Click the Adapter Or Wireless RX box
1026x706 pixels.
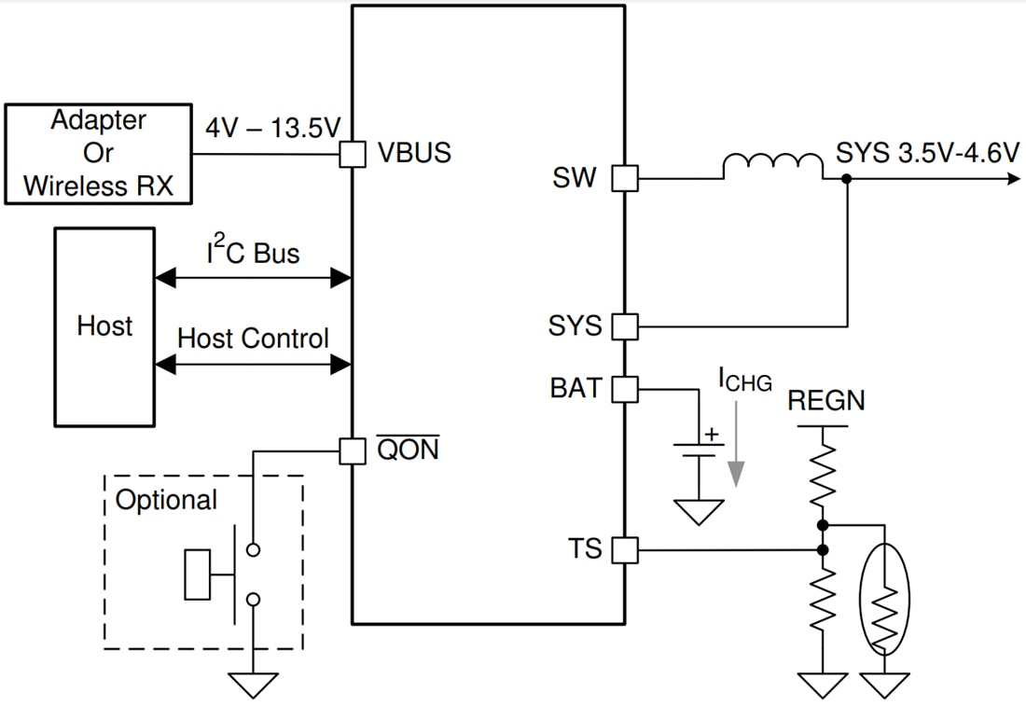pos(98,154)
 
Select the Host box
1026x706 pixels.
pos(104,325)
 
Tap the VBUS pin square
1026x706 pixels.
pos(352,153)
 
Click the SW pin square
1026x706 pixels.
pos(624,178)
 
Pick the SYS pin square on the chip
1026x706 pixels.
pos(624,326)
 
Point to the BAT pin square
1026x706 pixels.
pos(624,388)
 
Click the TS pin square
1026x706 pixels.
pos(624,550)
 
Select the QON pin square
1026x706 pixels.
pos(352,451)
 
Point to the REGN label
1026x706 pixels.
pos(826,401)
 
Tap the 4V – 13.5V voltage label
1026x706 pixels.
pos(271,128)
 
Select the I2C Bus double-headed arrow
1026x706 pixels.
pos(253,277)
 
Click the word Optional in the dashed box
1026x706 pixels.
pos(166,500)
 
